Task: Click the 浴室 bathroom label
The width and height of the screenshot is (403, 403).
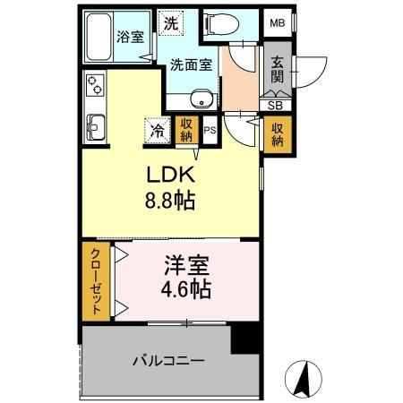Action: (130, 37)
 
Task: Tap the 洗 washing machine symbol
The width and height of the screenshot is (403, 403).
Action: (168, 22)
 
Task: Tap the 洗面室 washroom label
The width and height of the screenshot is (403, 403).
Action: (192, 64)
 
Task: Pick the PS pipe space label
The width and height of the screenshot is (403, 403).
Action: (210, 131)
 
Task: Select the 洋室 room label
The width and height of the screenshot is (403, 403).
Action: (187, 266)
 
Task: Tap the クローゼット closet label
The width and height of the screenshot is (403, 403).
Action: (94, 280)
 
